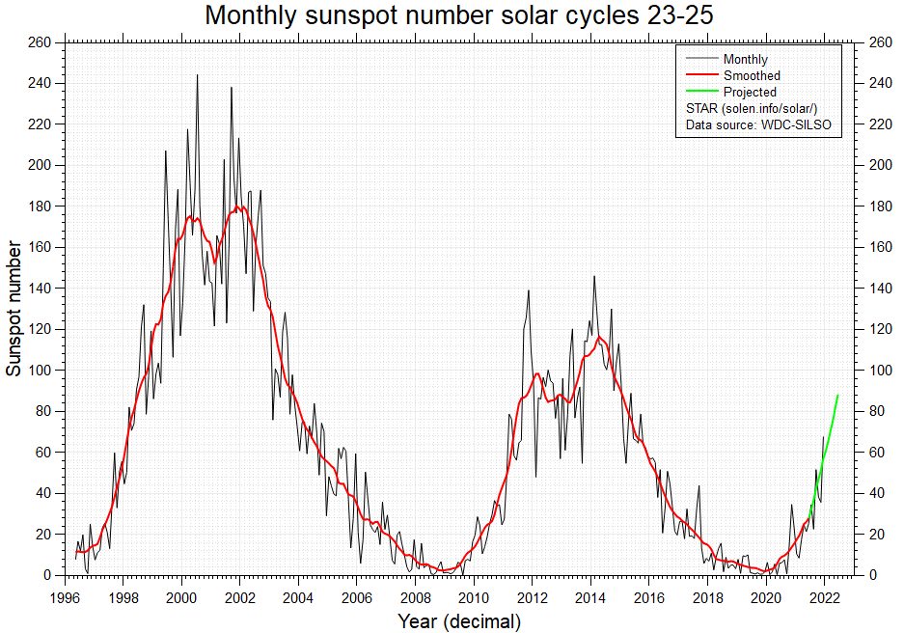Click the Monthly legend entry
pyautogui.click(x=745, y=60)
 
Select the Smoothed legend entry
pyautogui.click(x=752, y=76)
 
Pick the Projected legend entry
pyautogui.click(x=750, y=93)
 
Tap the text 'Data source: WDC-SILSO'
pyautogui.click(x=757, y=125)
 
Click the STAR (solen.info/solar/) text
pyautogui.click(x=752, y=109)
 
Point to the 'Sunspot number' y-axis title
pyautogui.click(x=14, y=309)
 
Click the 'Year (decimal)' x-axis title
pyautogui.click(x=459, y=622)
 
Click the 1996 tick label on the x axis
pyautogui.click(x=65, y=597)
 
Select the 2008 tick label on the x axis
pyautogui.click(x=416, y=597)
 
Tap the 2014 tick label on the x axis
pyautogui.click(x=591, y=597)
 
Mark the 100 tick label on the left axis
pyautogui.click(x=41, y=371)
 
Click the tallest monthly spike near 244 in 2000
pyautogui.click(x=198, y=75)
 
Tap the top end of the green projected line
pyautogui.click(x=838, y=395)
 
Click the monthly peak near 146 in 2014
pyautogui.click(x=594, y=277)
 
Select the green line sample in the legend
pyautogui.click(x=700, y=93)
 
